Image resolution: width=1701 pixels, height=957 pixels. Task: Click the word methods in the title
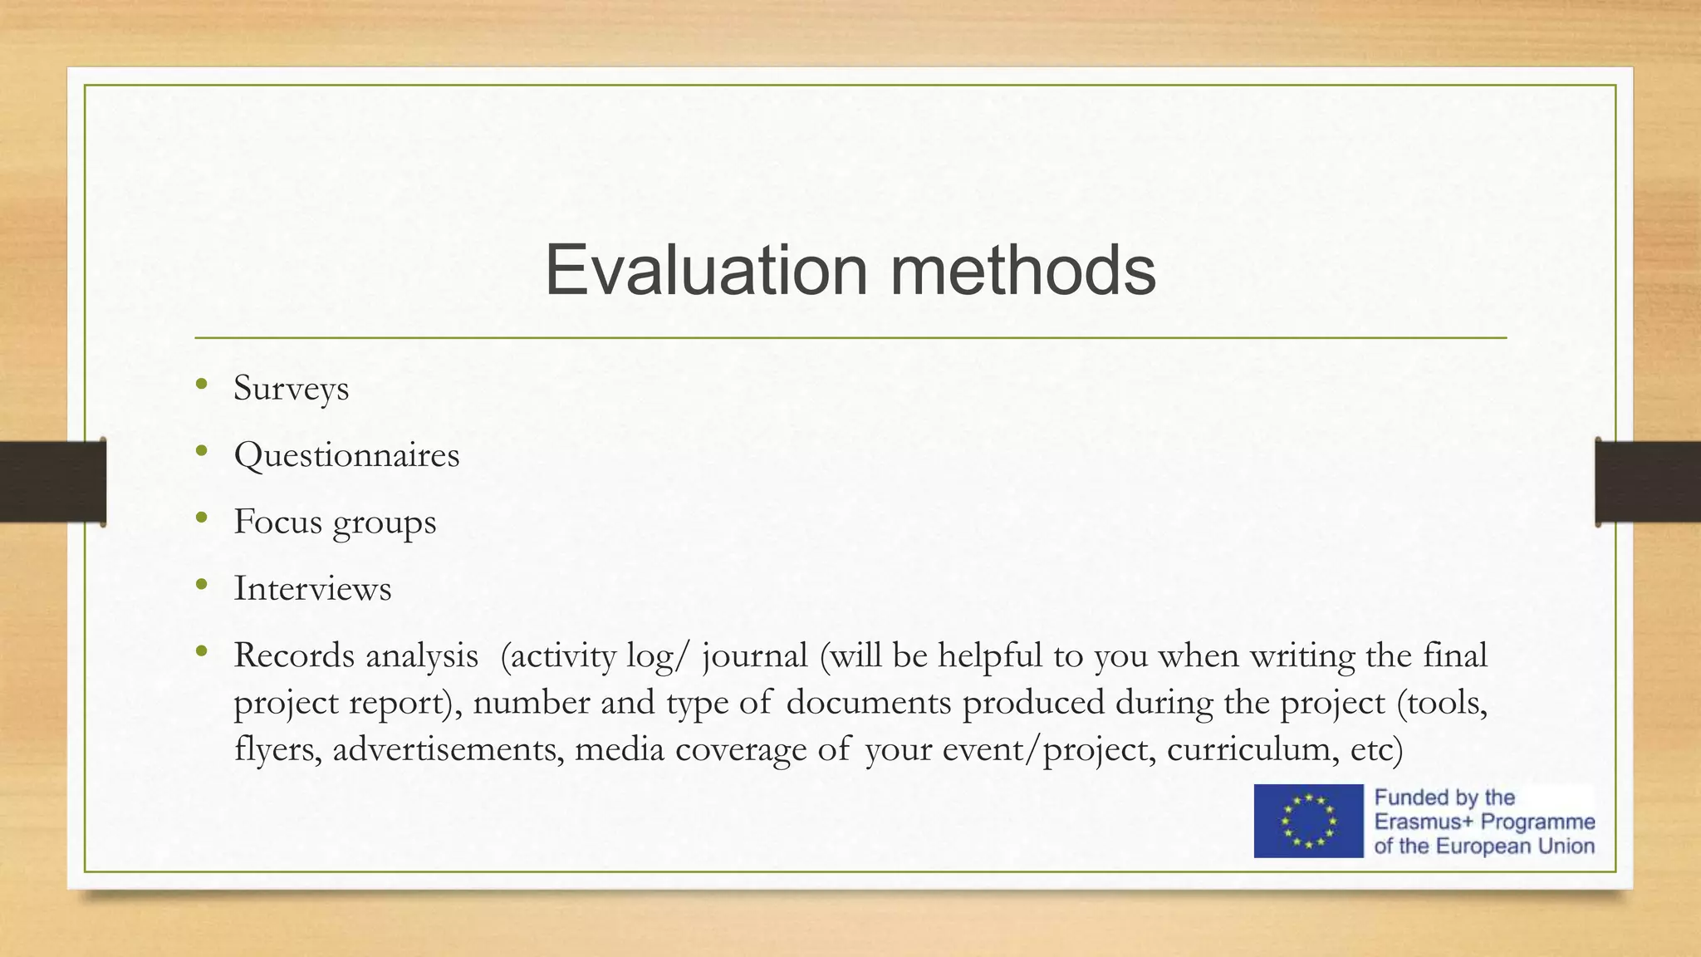pos(1023,270)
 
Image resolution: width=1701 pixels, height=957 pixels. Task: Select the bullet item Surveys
pos(291,389)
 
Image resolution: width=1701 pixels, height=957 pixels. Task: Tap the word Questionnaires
pos(346,455)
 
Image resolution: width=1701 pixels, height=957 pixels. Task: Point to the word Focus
pos(277,522)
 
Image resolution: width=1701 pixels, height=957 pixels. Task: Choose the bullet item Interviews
pos(312,589)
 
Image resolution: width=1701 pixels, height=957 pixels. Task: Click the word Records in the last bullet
pos(294,655)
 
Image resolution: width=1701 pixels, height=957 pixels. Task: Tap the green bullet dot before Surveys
pos(201,384)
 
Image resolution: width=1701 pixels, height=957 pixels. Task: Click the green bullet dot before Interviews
pos(201,584)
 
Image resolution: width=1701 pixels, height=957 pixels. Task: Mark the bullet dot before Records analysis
pos(201,651)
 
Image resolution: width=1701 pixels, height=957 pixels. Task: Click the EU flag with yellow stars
pos(1308,821)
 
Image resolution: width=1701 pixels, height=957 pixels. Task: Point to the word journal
pos(755,656)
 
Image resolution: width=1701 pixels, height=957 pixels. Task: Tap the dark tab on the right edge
pos(1648,482)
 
